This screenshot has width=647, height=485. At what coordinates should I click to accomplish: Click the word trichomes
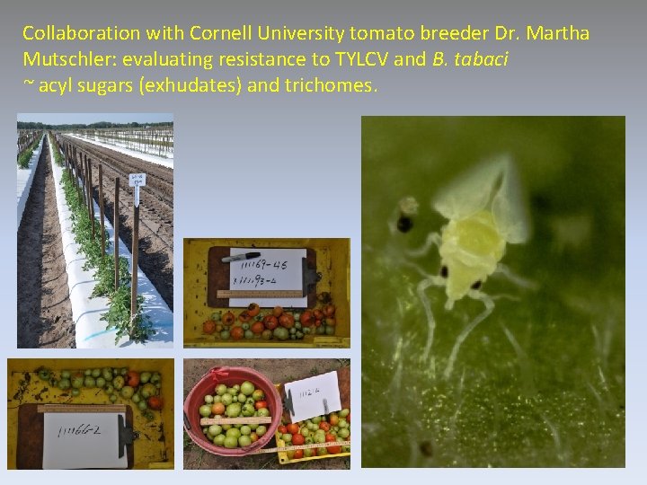click(x=333, y=86)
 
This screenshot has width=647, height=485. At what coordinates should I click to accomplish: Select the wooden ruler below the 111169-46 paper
click(x=261, y=294)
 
